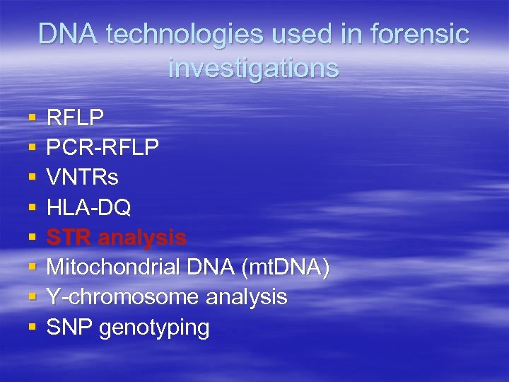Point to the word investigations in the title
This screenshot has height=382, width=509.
[254, 68]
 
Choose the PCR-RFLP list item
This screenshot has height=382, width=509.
[103, 146]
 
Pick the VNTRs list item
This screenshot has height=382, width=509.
[82, 177]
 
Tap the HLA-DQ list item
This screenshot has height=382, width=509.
[88, 207]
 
